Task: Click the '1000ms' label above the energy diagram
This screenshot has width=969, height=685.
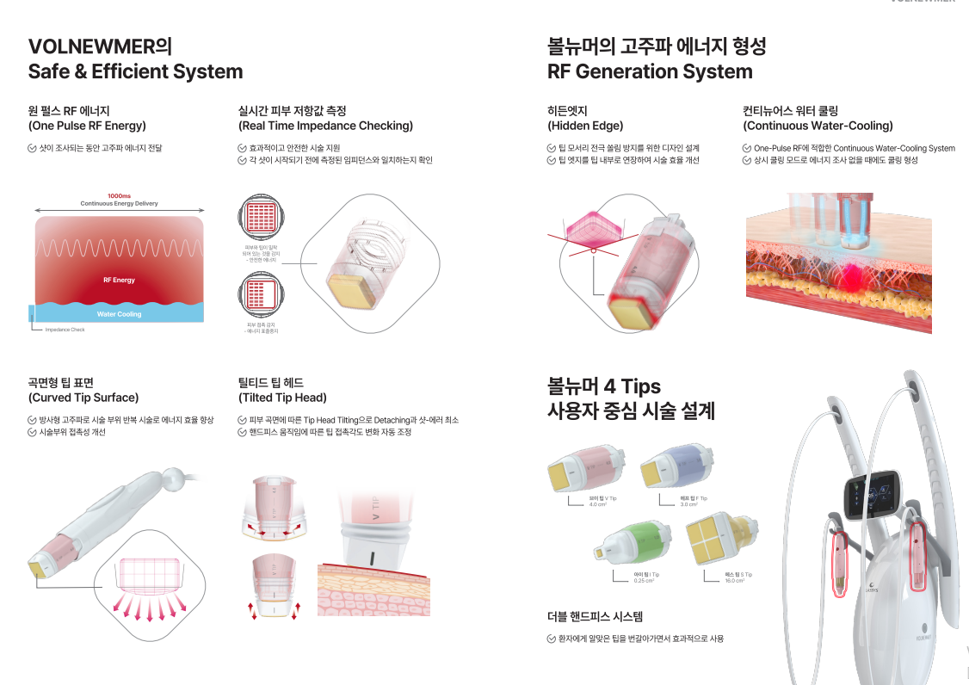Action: click(119, 195)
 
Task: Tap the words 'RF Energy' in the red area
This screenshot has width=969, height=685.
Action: click(119, 280)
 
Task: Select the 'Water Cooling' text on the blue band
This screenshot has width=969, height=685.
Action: click(119, 314)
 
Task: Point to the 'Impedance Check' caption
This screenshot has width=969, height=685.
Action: click(65, 330)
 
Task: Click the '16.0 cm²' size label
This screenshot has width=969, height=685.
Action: click(733, 581)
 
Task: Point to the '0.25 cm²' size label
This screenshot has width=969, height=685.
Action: click(644, 581)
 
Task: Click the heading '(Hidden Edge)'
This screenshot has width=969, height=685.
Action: click(584, 126)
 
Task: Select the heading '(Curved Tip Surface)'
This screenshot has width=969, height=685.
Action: click(83, 398)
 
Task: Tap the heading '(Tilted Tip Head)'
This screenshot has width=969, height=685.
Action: click(282, 398)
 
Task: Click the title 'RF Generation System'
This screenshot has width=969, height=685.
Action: click(650, 71)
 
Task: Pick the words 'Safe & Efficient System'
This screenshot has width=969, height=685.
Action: click(135, 71)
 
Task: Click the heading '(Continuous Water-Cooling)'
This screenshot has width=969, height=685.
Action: click(818, 126)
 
